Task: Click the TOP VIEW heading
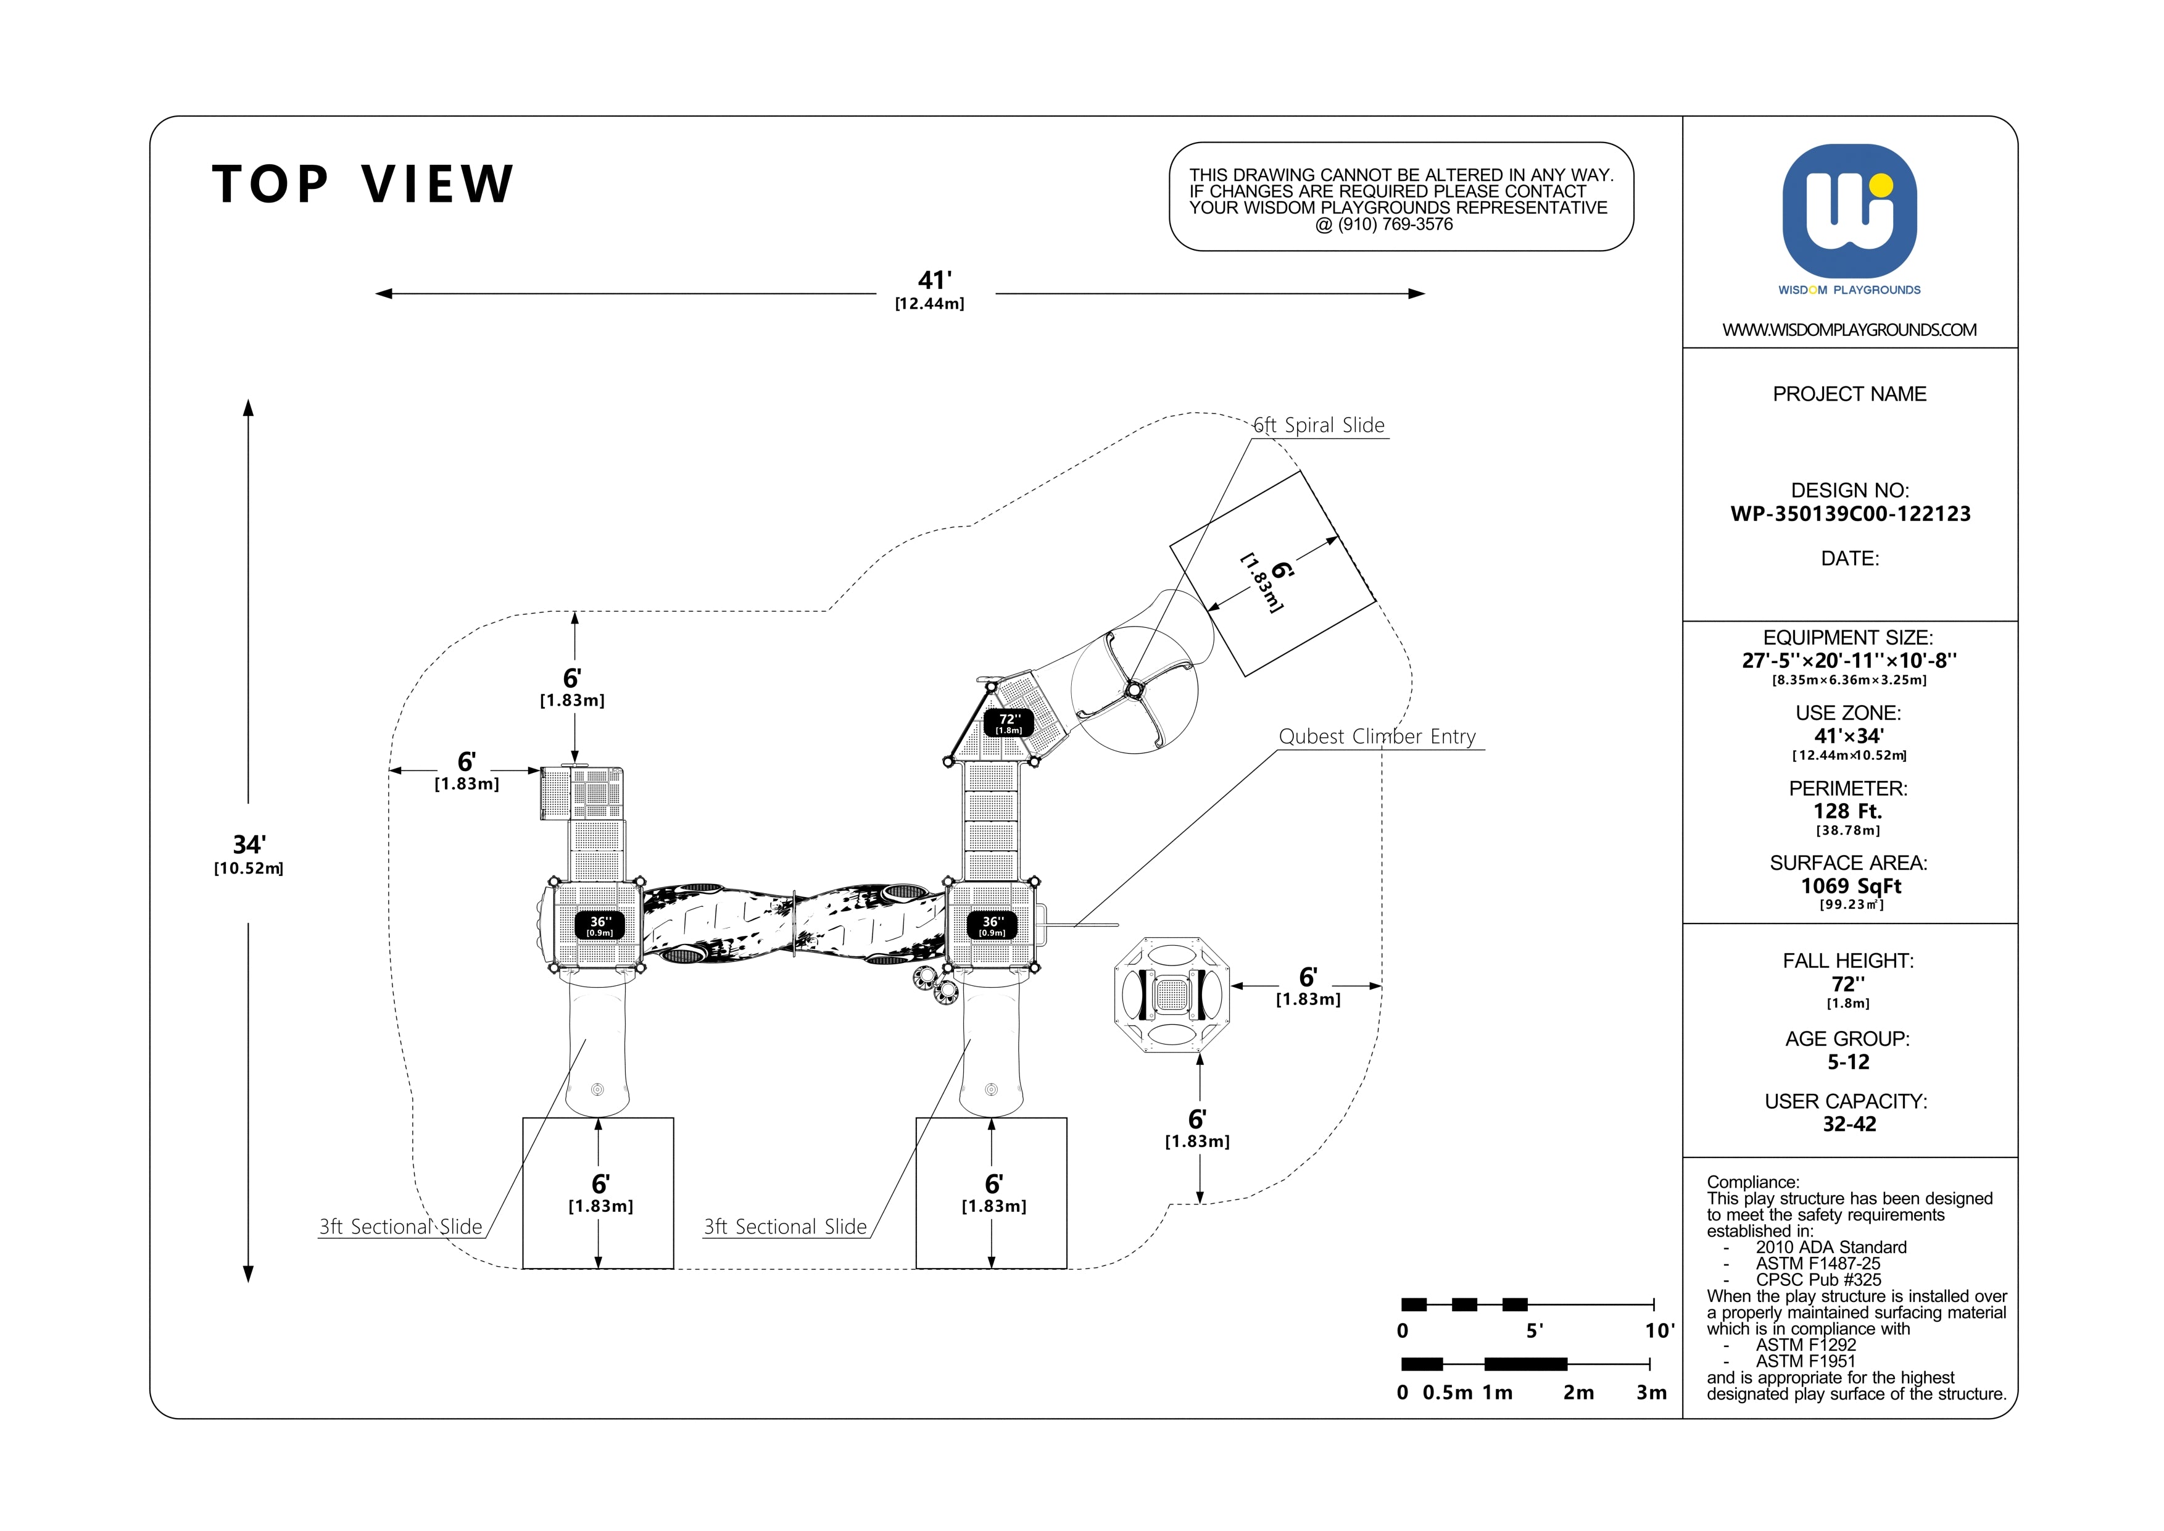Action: point(363,184)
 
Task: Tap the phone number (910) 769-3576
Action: point(1396,224)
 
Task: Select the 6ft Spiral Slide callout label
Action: point(1319,425)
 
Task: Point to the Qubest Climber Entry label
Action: point(1377,736)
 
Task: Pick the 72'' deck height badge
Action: point(1009,723)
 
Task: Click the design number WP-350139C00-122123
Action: point(1850,514)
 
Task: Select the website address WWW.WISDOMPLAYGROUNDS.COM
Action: point(1849,330)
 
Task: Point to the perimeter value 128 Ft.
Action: point(1847,811)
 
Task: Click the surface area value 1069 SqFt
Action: point(1850,886)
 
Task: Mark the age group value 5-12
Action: point(1848,1062)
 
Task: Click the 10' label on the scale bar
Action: point(1659,1331)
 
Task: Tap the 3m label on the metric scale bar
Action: point(1651,1393)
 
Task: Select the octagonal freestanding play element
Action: point(1172,995)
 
